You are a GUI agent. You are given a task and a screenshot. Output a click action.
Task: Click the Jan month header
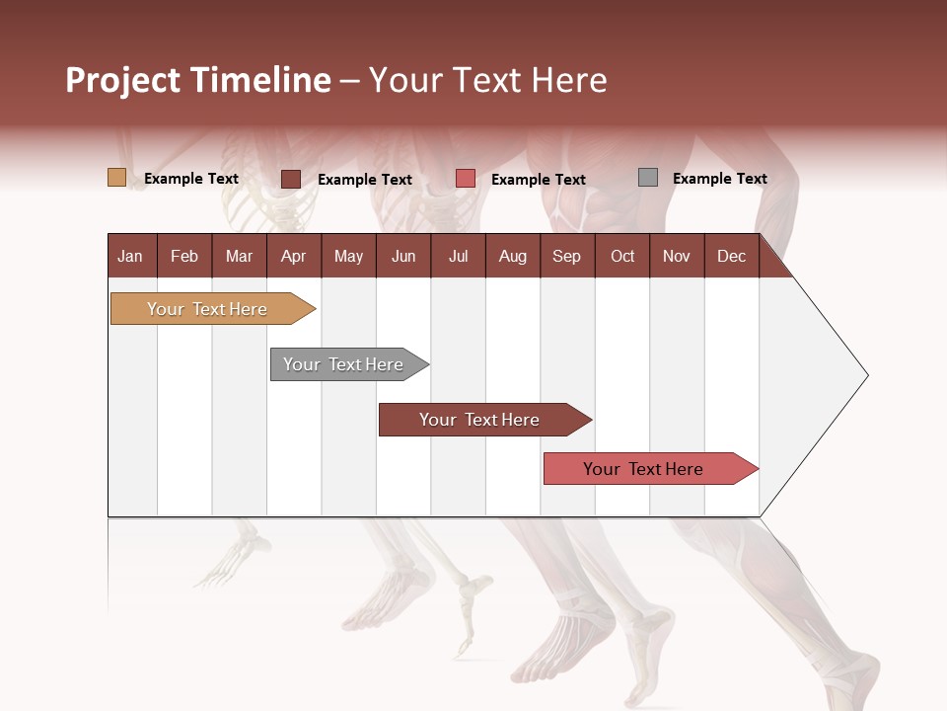pos(130,256)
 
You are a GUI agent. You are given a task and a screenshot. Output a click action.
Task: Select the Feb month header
pos(184,256)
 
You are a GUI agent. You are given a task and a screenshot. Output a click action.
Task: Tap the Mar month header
pos(239,256)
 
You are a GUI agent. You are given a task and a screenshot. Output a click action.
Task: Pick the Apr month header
pos(293,256)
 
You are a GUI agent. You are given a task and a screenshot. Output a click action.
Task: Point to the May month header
pos(348,256)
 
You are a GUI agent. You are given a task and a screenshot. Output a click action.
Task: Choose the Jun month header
pos(403,256)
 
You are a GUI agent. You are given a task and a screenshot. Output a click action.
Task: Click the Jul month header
pos(458,256)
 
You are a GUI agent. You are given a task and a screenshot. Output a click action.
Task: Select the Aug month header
pos(512,256)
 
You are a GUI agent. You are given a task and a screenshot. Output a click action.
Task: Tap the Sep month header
pos(566,256)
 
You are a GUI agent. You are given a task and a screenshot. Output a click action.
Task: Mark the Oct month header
pos(622,256)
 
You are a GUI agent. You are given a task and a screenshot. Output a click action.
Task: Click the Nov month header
pos(677,256)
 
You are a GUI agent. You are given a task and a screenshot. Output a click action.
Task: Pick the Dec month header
pos(731,256)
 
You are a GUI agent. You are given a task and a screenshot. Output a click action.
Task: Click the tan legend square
pos(116,178)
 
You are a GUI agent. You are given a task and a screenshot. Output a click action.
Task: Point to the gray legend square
pos(648,178)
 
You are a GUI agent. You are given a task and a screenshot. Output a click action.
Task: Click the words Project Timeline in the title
pos(198,80)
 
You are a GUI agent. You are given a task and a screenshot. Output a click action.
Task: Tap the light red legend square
pos(466,179)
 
